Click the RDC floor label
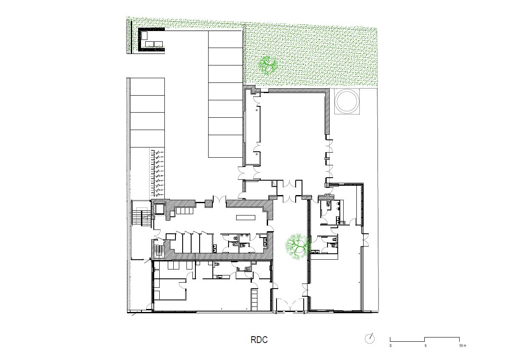[x=259, y=340]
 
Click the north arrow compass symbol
[x=370, y=338]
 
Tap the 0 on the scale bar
[x=390, y=346]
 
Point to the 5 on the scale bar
[x=425, y=346]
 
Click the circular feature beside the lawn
[x=347, y=101]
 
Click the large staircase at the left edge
[x=140, y=217]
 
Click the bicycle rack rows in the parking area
[x=157, y=172]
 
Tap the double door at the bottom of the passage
[x=290, y=305]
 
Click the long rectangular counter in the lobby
[x=246, y=217]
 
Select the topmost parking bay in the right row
[x=225, y=39]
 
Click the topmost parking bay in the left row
[x=147, y=87]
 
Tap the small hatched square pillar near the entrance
[x=208, y=204]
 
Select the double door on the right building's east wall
[x=364, y=239]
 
